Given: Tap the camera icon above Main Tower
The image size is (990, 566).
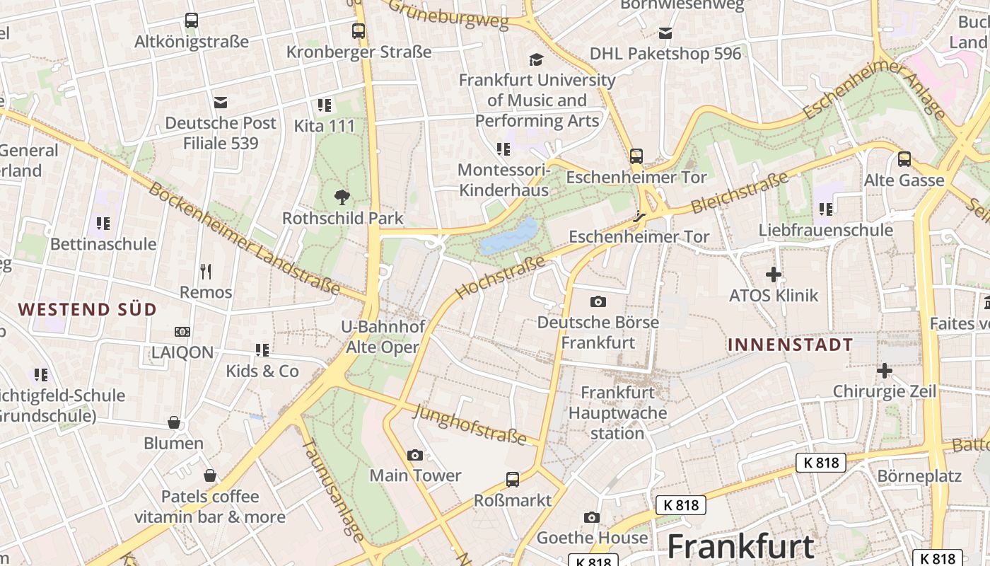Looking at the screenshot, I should tap(415, 455).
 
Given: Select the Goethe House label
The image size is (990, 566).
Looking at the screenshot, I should tap(592, 538).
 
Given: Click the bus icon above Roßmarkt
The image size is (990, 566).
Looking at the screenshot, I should tap(513, 480).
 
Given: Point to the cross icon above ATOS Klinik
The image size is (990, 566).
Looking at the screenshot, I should tap(774, 274).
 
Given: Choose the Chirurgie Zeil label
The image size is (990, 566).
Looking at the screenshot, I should tap(884, 391).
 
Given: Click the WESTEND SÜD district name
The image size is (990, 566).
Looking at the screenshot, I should tap(87, 309).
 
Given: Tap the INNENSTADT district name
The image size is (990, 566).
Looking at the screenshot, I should tap(790, 345).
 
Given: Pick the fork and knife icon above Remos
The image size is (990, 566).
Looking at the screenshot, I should tap(206, 271).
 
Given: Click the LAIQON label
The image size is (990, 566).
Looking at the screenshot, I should tap(182, 352).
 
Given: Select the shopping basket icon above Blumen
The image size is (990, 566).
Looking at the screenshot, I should tap(174, 422).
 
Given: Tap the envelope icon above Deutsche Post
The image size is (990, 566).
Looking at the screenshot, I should tap(221, 103).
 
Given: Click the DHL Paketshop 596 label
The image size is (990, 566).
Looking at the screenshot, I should tap(665, 54).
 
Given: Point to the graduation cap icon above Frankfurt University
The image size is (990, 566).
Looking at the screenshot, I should tap(537, 59).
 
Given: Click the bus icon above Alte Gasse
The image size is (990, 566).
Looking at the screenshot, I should tap(904, 159).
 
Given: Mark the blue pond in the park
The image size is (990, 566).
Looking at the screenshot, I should tap(509, 236).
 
